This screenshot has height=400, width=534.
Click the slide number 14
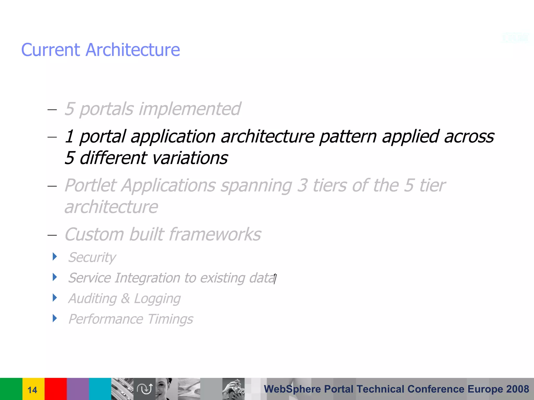[32, 390]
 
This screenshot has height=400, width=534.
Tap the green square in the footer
[11, 389]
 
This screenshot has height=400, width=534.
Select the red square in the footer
[56, 389]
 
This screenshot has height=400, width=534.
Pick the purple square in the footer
[78, 389]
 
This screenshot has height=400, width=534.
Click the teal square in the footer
[100, 389]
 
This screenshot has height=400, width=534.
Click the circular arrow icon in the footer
[145, 389]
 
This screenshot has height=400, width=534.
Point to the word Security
[92, 258]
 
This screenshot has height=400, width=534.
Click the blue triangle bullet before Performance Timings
[54, 318]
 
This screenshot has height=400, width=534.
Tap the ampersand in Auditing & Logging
[125, 298]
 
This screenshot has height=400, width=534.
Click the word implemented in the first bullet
[190, 109]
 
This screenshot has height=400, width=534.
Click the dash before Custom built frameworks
[52, 235]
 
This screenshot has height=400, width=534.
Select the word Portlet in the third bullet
[90, 185]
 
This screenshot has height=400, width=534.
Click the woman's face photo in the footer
[164, 389]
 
